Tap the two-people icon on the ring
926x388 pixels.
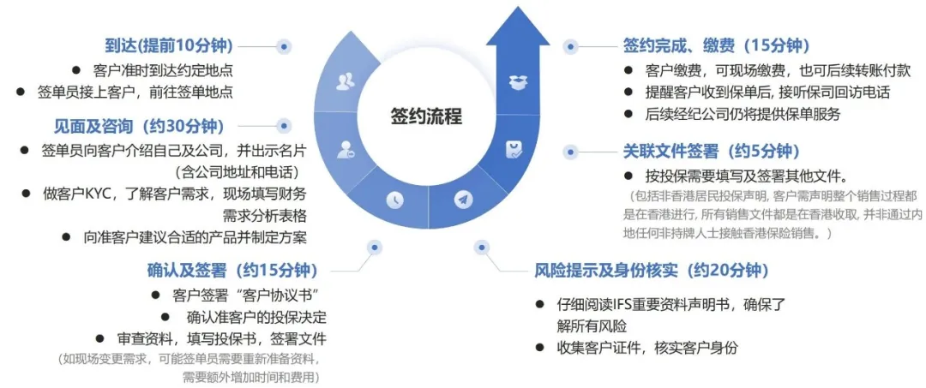point(346,81)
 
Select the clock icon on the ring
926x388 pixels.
point(394,199)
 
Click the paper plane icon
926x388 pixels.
point(464,200)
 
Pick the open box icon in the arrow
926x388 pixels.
point(517,82)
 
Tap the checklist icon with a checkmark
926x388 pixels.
point(514,150)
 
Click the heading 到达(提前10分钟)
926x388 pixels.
point(169,45)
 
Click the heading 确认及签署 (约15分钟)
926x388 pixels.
point(237,271)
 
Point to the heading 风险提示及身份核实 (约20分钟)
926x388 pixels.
point(647,272)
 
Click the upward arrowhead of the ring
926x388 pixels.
point(518,26)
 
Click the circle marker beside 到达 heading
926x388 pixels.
point(284,46)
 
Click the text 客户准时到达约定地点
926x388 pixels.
point(163,70)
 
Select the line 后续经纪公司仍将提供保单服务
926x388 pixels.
point(743,114)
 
